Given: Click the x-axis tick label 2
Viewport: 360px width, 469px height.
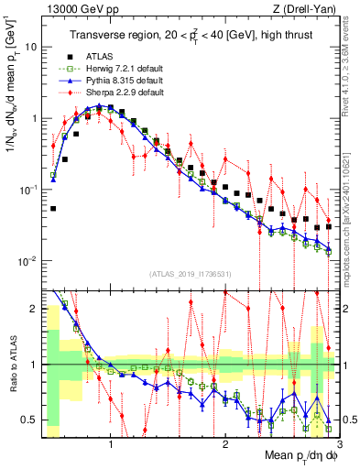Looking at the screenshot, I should coord(225,445).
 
